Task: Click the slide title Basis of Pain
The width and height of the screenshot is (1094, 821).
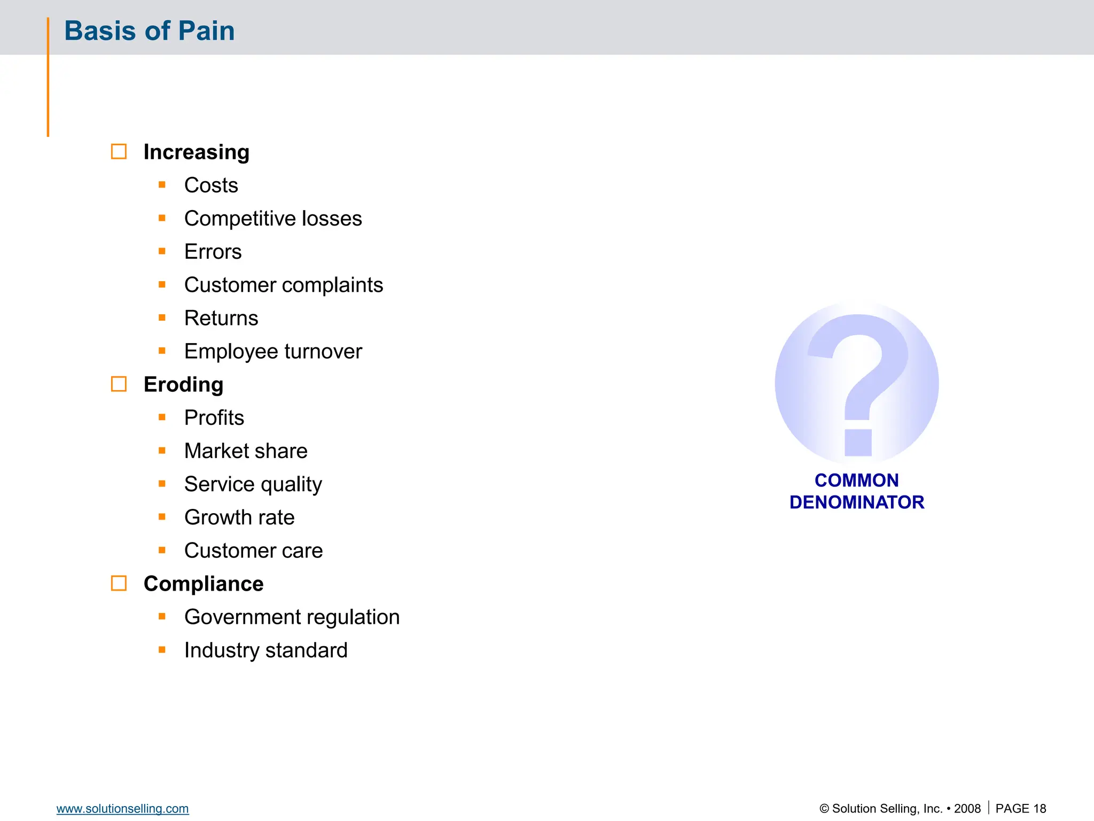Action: pyautogui.click(x=149, y=30)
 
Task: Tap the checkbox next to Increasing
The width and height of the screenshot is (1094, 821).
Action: pyautogui.click(x=119, y=152)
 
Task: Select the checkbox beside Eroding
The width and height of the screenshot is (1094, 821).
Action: pyautogui.click(x=119, y=384)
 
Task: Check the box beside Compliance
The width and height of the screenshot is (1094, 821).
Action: pyautogui.click(x=119, y=583)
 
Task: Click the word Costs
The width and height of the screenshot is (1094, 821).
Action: pyautogui.click(x=211, y=185)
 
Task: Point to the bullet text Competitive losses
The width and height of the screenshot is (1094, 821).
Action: pyautogui.click(x=273, y=219)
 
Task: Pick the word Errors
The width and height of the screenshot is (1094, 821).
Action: pyautogui.click(x=213, y=252)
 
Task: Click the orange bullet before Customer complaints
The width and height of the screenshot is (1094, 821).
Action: pyautogui.click(x=162, y=284)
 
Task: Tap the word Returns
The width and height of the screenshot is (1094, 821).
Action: pyautogui.click(x=221, y=318)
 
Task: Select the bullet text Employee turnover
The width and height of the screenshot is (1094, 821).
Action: pyautogui.click(x=273, y=351)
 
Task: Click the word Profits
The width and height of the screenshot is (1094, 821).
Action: pyautogui.click(x=214, y=417)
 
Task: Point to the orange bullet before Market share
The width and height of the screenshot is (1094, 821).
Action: pyautogui.click(x=162, y=451)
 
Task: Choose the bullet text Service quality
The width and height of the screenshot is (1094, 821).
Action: pyautogui.click(x=253, y=484)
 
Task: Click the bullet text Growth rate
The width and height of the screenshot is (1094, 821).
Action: pyautogui.click(x=239, y=517)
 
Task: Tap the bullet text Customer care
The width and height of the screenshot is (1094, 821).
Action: pyautogui.click(x=253, y=551)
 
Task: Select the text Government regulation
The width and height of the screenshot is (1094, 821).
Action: pyautogui.click(x=292, y=617)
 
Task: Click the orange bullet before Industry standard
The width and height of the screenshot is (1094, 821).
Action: pyautogui.click(x=162, y=650)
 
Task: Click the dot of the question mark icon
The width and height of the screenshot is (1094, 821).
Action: pyautogui.click(x=858, y=443)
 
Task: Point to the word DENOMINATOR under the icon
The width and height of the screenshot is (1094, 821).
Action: pyautogui.click(x=857, y=502)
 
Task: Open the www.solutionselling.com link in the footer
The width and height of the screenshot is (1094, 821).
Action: pyautogui.click(x=122, y=809)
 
